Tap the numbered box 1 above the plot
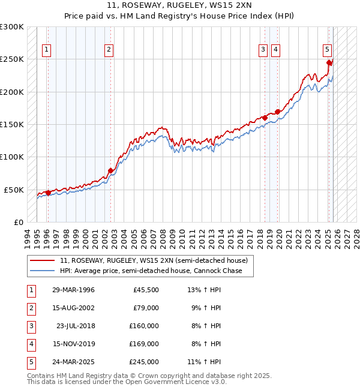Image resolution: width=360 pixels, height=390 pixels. click(x=47, y=50)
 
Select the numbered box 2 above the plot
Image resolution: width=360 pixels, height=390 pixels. click(x=109, y=50)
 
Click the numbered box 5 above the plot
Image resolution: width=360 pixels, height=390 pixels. click(x=327, y=50)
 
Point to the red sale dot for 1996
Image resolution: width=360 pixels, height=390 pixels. click(x=48, y=193)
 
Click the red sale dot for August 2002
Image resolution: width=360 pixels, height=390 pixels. click(x=110, y=171)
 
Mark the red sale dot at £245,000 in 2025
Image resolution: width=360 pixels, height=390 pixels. click(x=329, y=62)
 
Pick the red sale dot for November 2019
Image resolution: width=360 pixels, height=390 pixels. click(x=278, y=112)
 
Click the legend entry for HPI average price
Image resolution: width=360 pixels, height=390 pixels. click(x=151, y=271)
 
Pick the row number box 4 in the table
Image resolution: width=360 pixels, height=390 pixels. click(x=30, y=344)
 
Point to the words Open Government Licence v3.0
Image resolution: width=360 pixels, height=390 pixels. click(x=177, y=382)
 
